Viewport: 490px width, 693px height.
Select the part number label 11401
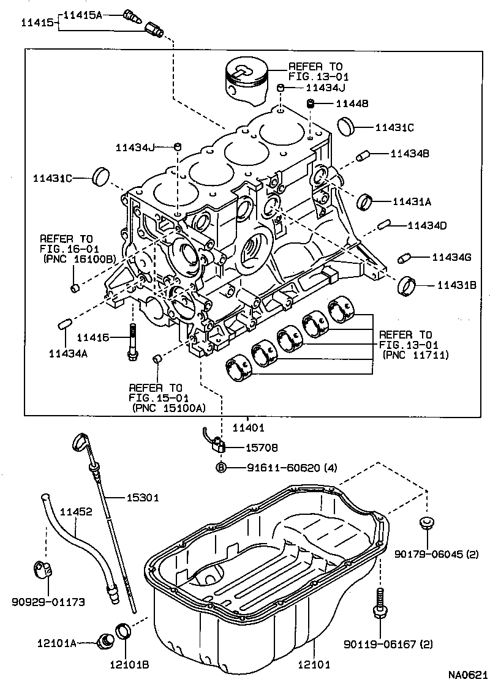[249, 427]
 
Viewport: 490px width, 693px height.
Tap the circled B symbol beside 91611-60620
[221, 468]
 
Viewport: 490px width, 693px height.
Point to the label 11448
[352, 104]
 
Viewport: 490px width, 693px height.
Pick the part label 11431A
[412, 201]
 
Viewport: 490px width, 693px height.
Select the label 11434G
[451, 257]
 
